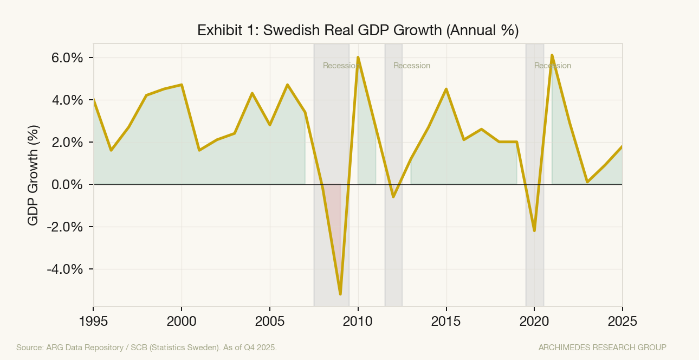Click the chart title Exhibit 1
358,30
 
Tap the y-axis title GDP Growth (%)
34,175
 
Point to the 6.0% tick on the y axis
67,58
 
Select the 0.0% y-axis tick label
67,185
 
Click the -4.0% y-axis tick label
65,269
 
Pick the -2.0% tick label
65,227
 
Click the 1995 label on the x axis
93,321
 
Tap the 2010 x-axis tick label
358,321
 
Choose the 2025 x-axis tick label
622,321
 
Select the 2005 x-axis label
270,321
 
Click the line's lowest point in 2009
340,294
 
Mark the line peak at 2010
358,57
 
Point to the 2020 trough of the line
534,231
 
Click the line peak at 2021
552,55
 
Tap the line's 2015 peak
446,89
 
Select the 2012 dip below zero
393,197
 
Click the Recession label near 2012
412,66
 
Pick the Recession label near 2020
553,66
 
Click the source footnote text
146,347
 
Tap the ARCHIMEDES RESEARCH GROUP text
602,347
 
